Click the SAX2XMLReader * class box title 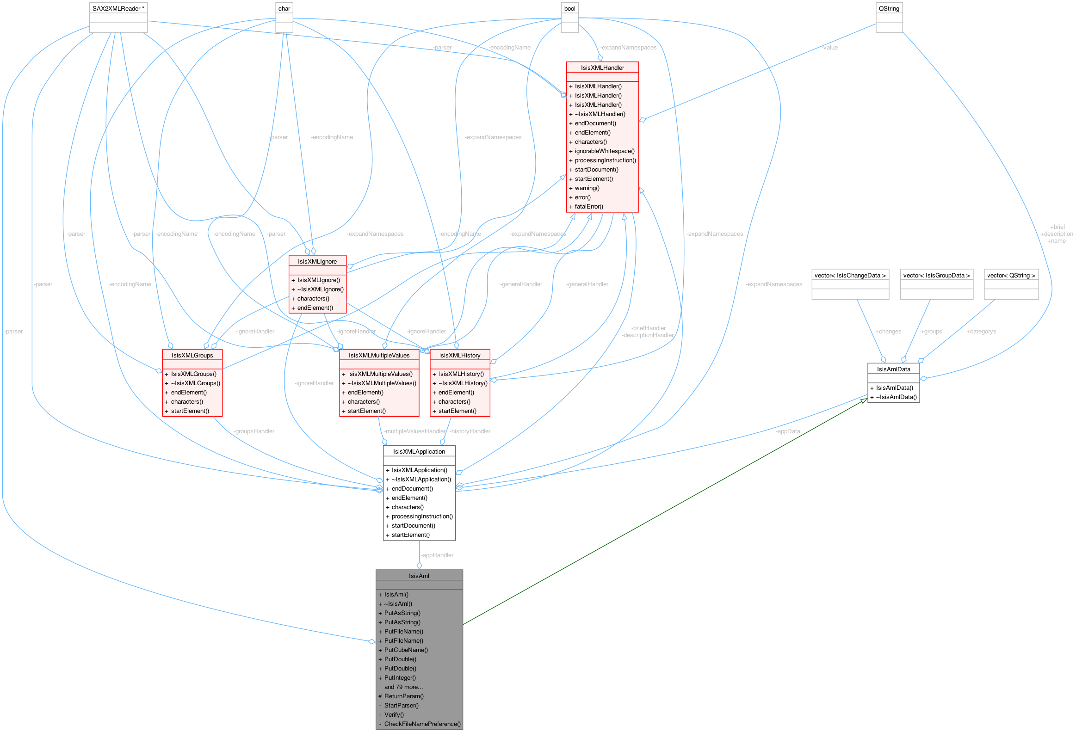coord(118,8)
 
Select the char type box coord(284,8)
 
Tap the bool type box coord(569,8)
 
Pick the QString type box coord(889,8)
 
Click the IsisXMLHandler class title coord(602,68)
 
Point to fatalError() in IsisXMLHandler coord(588,206)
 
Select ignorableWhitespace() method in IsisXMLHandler coord(604,151)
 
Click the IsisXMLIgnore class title coord(317,261)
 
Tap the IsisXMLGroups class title coord(192,355)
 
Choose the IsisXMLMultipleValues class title coord(379,355)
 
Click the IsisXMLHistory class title coord(459,355)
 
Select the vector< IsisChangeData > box coord(850,275)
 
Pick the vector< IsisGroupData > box coord(936,275)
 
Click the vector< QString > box coord(1011,275)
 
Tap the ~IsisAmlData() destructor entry coord(896,397)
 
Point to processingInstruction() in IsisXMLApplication coord(422,517)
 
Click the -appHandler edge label coord(438,555)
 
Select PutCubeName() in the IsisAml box coord(406,650)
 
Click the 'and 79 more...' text coord(403,687)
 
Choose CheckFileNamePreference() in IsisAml coord(422,724)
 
